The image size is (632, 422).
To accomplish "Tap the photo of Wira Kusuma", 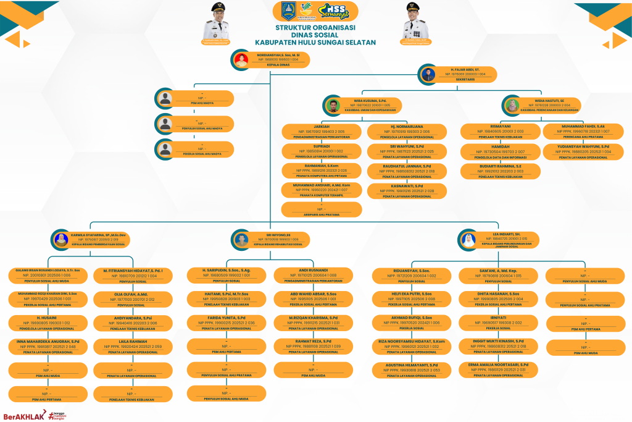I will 334,105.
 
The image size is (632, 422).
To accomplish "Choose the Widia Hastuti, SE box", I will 544,105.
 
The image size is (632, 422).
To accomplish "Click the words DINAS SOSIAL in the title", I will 315,35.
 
